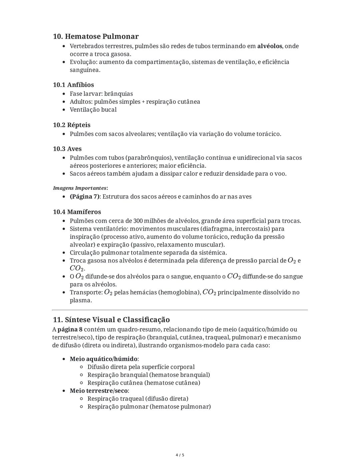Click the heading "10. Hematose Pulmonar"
pos(96,36)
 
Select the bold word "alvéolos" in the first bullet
pos(269,46)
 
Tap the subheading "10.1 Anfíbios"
pos(73,85)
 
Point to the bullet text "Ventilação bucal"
pos(93,110)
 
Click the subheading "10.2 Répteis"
pos(72,125)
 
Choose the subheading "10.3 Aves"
pos(67,149)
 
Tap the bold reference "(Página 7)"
pos(84,196)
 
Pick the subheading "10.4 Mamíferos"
pos(77,212)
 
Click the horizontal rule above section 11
pos(180,310)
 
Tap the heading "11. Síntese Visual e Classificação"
pos(111,320)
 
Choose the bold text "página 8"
pos(70,330)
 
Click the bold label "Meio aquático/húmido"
pos(103,359)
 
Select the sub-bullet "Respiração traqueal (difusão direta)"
pos(138,399)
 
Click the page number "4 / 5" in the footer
pos(180,455)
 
